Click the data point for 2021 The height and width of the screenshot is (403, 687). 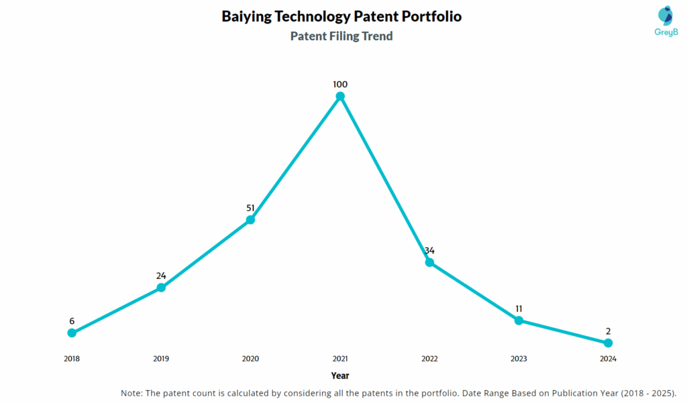click(x=340, y=97)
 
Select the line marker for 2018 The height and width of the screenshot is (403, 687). click(x=72, y=333)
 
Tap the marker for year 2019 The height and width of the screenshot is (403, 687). click(x=161, y=288)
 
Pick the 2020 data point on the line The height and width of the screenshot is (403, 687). click(x=250, y=219)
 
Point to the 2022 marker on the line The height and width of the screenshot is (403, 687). click(x=429, y=262)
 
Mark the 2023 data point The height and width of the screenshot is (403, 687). click(x=519, y=321)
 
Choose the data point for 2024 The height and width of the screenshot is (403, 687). click(x=608, y=343)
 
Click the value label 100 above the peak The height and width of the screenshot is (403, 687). click(x=340, y=84)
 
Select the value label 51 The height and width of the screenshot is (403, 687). click(x=250, y=207)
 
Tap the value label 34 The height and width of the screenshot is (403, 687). click(x=429, y=251)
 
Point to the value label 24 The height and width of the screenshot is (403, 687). click(x=161, y=276)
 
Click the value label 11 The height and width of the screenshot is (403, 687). click(x=519, y=308)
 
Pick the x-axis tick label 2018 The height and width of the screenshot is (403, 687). click(x=72, y=359)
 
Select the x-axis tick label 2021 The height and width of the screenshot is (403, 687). click(x=340, y=359)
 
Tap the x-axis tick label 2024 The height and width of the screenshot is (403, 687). click(x=608, y=359)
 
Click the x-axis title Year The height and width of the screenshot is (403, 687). click(x=340, y=376)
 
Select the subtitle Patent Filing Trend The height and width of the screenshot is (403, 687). click(x=341, y=36)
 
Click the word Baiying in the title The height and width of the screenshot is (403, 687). click(x=246, y=17)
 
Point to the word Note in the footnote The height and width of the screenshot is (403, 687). click(x=133, y=393)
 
